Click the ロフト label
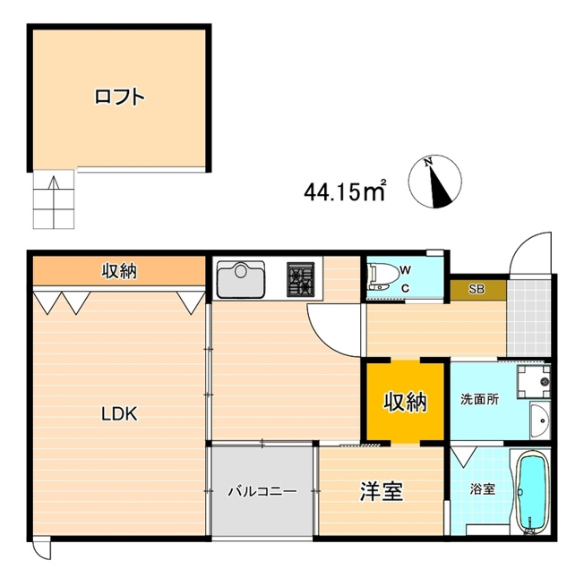pyautogui.click(x=119, y=97)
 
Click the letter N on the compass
pyautogui.click(x=429, y=162)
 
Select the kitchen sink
pyautogui.click(x=241, y=279)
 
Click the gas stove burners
pyautogui.click(x=300, y=279)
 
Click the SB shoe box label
pyautogui.click(x=477, y=289)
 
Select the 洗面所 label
pyautogui.click(x=479, y=400)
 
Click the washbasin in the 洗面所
pyautogui.click(x=540, y=420)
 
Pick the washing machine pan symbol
pyautogui.click(x=534, y=381)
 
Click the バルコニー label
pyautogui.click(x=262, y=491)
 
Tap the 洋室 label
pyautogui.click(x=382, y=492)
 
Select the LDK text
pyautogui.click(x=119, y=414)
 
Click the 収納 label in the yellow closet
pyautogui.click(x=406, y=402)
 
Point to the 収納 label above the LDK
pyautogui.click(x=119, y=271)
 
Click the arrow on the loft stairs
pyautogui.click(x=55, y=202)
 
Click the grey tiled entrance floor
pyautogui.click(x=528, y=317)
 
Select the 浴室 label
pyautogui.click(x=483, y=489)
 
